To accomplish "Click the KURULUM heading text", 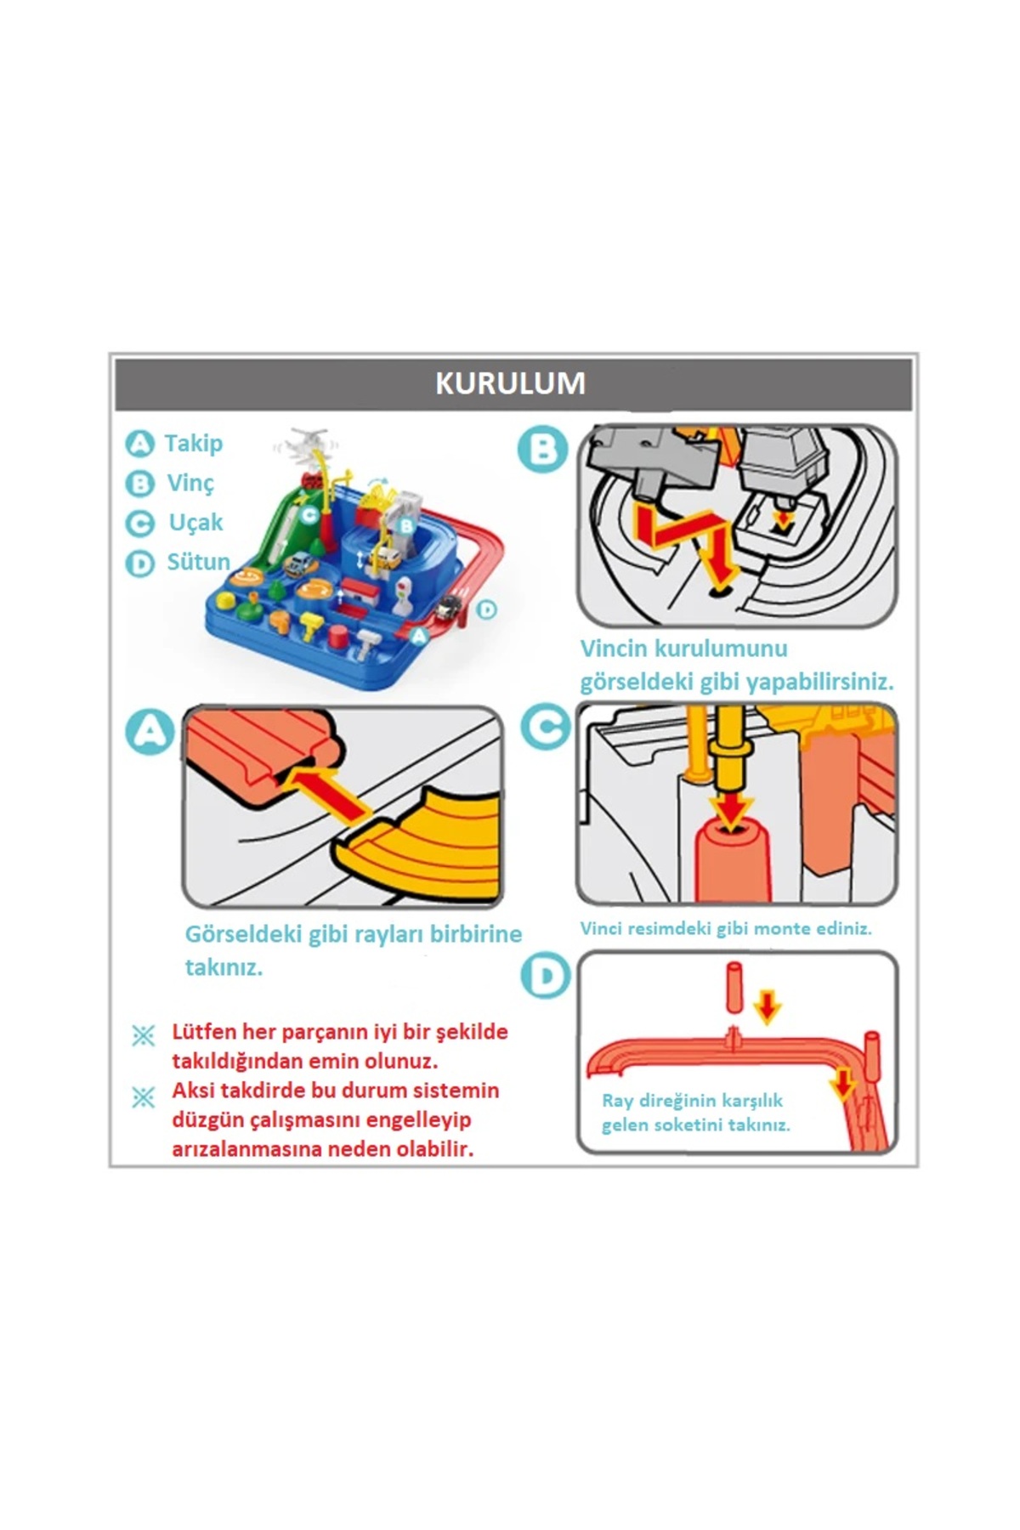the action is (x=510, y=383).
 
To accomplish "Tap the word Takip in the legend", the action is (x=194, y=444).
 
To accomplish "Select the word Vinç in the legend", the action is (x=190, y=484).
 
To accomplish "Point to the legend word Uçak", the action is (x=195, y=523).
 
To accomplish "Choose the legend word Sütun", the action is (x=199, y=562).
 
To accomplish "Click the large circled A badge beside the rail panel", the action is (x=150, y=733).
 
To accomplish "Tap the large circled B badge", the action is (x=542, y=450).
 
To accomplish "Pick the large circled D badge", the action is (x=545, y=976).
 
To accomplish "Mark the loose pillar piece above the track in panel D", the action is (x=735, y=988).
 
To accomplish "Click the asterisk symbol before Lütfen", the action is (x=144, y=1035).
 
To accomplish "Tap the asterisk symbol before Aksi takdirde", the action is (x=144, y=1098).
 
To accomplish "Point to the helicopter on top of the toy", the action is (x=305, y=445).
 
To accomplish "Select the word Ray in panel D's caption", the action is (x=617, y=1101).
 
